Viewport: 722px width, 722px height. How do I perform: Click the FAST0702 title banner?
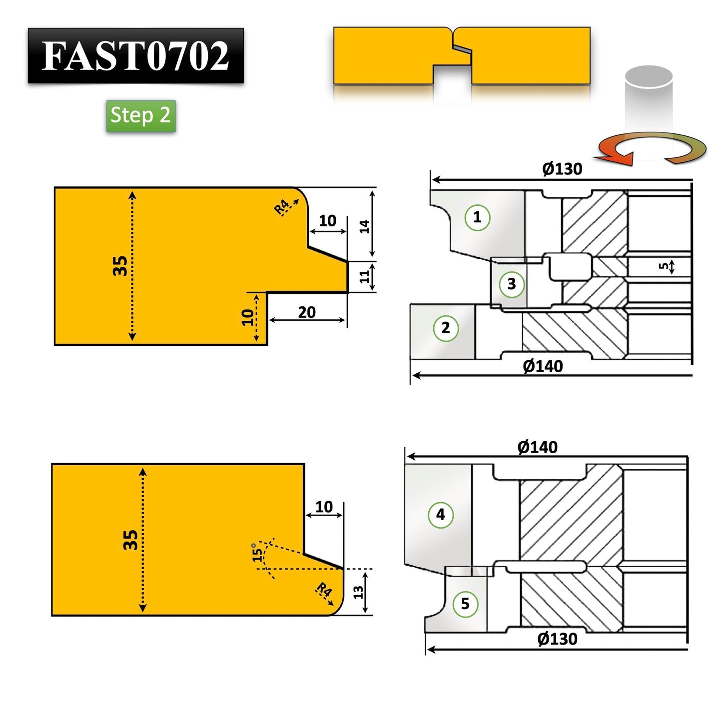click(135, 55)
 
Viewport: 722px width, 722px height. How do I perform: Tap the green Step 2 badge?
click(140, 115)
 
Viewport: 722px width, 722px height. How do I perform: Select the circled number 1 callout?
click(477, 217)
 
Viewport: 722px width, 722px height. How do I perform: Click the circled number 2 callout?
click(445, 328)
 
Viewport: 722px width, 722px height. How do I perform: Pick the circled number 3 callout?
click(511, 284)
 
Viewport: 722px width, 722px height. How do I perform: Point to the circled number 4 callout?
click(440, 515)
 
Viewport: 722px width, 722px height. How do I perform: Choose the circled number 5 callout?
click(465, 604)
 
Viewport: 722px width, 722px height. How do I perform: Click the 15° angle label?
click(257, 552)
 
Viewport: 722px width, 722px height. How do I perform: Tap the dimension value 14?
click(365, 226)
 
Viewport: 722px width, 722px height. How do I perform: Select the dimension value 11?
click(365, 276)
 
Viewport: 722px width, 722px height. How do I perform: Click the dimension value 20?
click(306, 312)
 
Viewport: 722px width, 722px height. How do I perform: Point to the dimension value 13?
click(358, 593)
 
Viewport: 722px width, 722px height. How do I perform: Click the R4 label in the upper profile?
click(282, 206)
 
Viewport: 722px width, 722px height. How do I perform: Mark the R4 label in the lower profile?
click(324, 590)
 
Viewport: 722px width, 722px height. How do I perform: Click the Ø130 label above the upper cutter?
click(562, 169)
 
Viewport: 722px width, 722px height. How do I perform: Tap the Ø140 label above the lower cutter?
click(537, 447)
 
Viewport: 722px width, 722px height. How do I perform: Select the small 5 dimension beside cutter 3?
click(664, 266)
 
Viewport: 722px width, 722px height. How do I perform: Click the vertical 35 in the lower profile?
click(130, 540)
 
